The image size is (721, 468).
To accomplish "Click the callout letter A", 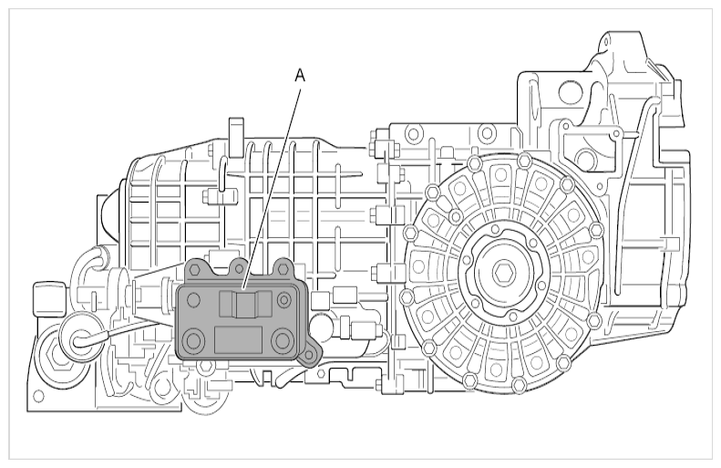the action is [300, 76].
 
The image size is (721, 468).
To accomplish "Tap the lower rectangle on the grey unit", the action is [238, 340].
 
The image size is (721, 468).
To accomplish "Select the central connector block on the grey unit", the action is [246, 305].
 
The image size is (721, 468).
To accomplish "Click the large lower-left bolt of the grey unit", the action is [194, 341].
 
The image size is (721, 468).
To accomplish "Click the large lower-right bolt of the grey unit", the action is [282, 341].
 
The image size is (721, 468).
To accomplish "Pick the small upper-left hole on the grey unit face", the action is [193, 300].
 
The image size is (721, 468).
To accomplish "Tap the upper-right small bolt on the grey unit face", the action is [283, 300].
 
